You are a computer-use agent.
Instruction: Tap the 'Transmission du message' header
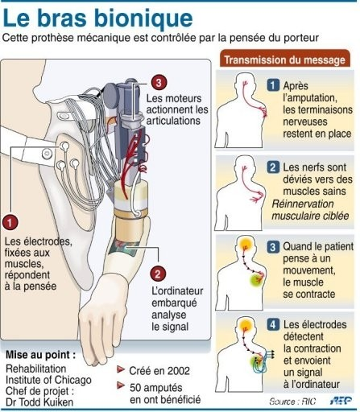[x=284, y=60]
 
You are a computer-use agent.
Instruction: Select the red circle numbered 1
[x=10, y=222]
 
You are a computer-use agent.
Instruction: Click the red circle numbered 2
[x=158, y=274]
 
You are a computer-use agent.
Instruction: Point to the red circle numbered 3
[x=159, y=83]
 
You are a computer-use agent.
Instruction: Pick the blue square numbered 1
[x=273, y=85]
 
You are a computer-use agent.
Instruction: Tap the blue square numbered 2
[x=273, y=167]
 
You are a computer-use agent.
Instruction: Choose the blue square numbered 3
[x=273, y=246]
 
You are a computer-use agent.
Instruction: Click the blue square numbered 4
[x=273, y=325]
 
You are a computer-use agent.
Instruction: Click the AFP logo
[x=341, y=401]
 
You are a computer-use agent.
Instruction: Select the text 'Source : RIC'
[x=292, y=402]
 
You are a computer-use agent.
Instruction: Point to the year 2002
[x=178, y=371]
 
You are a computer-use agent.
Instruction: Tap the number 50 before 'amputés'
[x=135, y=388]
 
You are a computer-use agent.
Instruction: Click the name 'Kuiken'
[x=56, y=402]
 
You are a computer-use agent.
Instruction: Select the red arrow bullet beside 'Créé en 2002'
[x=121, y=370]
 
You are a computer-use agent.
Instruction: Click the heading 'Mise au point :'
[x=40, y=355]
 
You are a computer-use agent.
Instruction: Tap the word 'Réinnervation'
[x=303, y=204]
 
